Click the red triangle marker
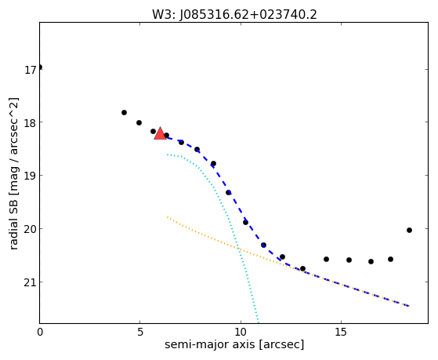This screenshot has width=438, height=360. pos(160,133)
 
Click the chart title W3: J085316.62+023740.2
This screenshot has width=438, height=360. pos(234,15)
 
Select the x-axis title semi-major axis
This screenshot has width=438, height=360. pos(210,344)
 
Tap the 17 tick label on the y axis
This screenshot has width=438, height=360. pos(30,70)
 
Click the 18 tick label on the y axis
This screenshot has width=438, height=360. pos(30,123)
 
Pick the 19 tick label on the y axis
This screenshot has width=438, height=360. pos(30,176)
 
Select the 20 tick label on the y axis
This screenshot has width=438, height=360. pos(30,229)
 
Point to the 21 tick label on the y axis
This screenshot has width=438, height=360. pos(30,282)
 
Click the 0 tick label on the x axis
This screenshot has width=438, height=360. pos(40,332)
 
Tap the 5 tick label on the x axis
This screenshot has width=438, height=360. pos(140,332)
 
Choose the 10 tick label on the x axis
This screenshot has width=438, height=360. pos(241,332)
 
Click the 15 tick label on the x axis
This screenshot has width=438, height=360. pos(341,332)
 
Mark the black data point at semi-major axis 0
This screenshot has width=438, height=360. pos(40,67)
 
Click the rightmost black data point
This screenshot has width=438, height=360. pos(409,231)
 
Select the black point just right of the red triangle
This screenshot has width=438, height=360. pos(166,135)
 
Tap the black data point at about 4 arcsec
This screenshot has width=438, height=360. pos(124,112)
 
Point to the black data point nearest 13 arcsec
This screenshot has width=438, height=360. pos(302,268)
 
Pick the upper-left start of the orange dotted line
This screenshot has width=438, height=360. pos(168,216)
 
